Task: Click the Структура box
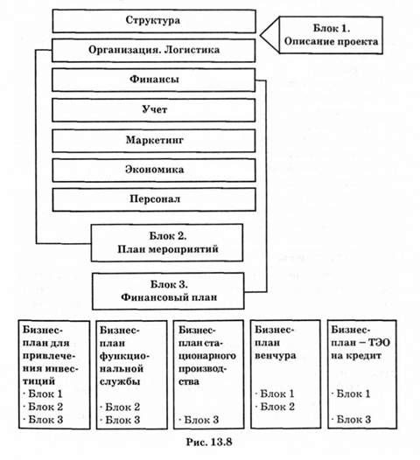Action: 154,21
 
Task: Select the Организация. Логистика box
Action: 154,50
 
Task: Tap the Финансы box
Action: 154,80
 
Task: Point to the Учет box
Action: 154,110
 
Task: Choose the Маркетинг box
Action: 154,140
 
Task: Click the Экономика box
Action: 154,171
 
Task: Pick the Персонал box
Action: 154,199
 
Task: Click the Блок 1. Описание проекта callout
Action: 331,35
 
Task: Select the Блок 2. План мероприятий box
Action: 167,242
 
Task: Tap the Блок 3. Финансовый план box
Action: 168,291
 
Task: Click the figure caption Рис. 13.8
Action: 209,442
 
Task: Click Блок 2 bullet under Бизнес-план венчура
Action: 275,407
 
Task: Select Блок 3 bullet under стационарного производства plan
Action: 199,420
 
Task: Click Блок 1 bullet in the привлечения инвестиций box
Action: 43,394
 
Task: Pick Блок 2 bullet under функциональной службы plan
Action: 120,407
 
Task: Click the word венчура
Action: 276,356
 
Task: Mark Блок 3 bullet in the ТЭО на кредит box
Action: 351,419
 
